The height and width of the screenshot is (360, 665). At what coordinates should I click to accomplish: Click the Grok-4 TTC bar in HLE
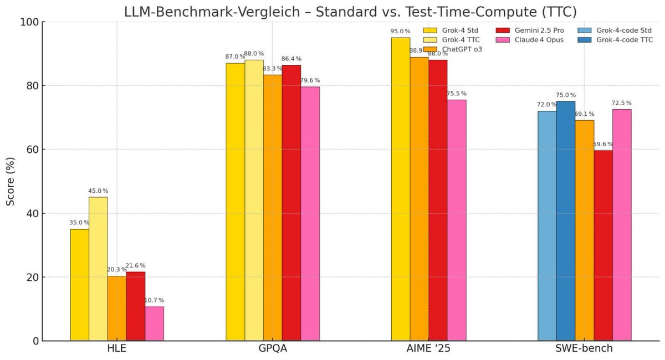pyautogui.click(x=98, y=269)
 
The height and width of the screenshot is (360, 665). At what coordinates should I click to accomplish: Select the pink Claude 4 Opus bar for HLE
pyautogui.click(x=154, y=323)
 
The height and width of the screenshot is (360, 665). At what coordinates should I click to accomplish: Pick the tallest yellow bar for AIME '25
pyautogui.click(x=400, y=189)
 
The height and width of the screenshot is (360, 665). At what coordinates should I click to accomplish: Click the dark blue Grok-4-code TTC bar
pyautogui.click(x=566, y=221)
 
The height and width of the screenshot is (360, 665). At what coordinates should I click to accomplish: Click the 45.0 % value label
pyautogui.click(x=98, y=191)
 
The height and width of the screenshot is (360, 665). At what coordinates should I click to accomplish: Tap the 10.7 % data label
pyautogui.click(x=154, y=300)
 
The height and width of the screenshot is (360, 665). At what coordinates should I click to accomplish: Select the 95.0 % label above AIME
pyautogui.click(x=400, y=32)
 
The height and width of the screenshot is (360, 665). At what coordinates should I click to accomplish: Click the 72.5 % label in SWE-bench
pyautogui.click(x=622, y=103)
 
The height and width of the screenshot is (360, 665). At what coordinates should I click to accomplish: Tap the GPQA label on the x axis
pyautogui.click(x=272, y=349)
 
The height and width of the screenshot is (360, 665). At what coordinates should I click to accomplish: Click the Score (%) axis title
pyautogui.click(x=11, y=181)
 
